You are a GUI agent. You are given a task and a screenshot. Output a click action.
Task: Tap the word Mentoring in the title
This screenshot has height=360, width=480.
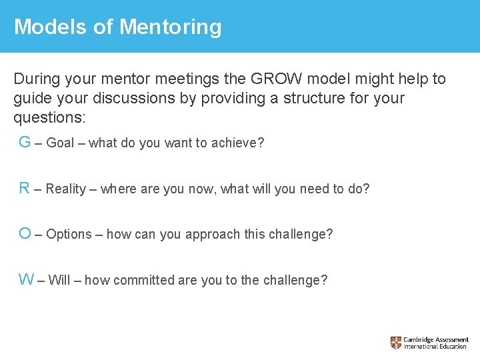[171, 27]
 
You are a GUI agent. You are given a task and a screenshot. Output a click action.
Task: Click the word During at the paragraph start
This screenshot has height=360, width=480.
[39, 79]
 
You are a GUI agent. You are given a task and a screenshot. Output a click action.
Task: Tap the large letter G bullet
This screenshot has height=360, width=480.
[25, 142]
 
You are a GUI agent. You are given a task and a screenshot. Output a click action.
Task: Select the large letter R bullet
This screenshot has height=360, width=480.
[25, 188]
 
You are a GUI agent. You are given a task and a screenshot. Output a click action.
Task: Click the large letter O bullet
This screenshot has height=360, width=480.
[25, 233]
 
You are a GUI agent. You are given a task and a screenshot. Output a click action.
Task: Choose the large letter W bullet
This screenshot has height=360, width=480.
[27, 279]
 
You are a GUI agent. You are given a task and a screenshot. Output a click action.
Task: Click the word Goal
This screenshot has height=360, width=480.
[61, 143]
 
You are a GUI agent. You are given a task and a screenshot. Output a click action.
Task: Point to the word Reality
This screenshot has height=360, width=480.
[66, 189]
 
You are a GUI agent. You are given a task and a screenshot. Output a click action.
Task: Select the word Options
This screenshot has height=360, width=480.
[69, 234]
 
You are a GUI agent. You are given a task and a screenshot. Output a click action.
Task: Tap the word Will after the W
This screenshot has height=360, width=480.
[59, 280]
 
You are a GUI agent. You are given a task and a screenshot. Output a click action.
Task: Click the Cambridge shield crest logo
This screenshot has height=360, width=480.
[396, 343]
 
